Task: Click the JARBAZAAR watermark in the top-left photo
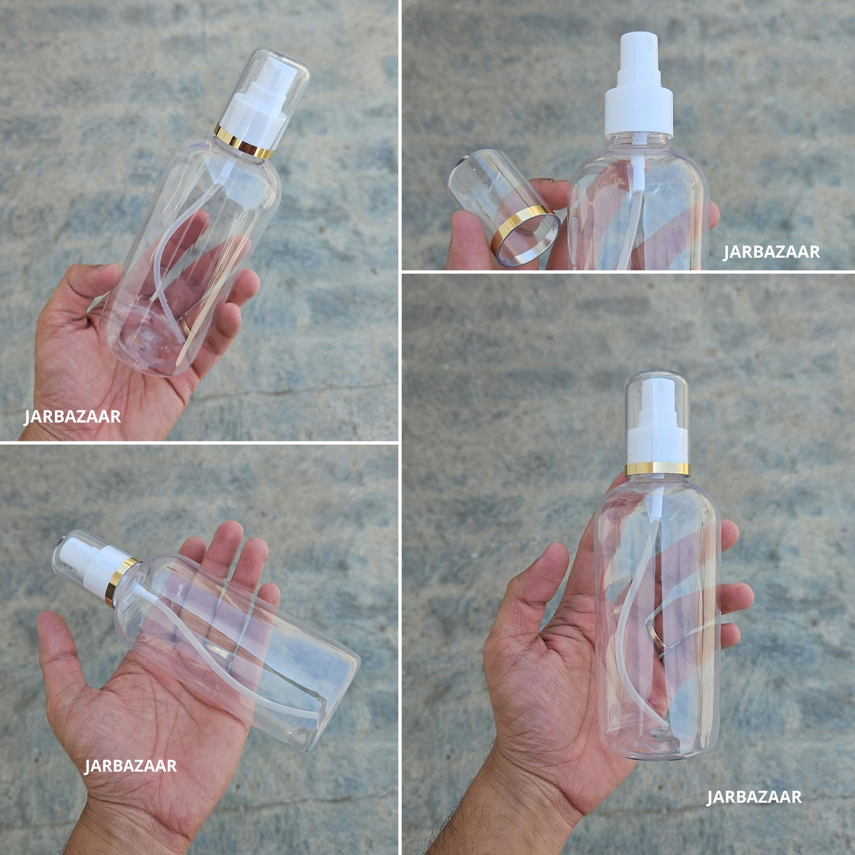pyautogui.click(x=72, y=417)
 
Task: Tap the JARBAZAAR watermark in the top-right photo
pyautogui.click(x=771, y=252)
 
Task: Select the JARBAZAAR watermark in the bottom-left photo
pyautogui.click(x=131, y=766)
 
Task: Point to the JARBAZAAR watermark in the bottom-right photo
pyautogui.click(x=754, y=797)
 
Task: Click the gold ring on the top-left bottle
pyautogui.click(x=244, y=142)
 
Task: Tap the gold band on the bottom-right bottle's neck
pyautogui.click(x=658, y=469)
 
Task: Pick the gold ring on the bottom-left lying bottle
pyautogui.click(x=122, y=581)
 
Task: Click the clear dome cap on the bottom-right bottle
pyautogui.click(x=657, y=417)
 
